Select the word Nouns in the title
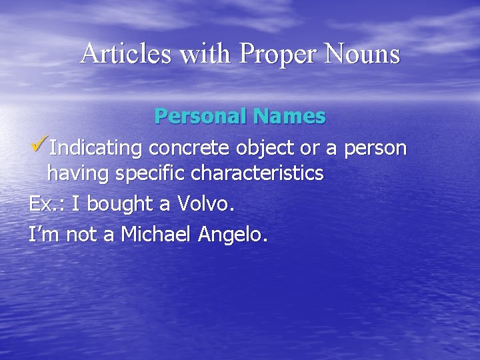point(364,53)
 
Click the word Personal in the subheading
point(200,116)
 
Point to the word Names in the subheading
point(289,116)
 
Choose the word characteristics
point(257,174)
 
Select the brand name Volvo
point(207,204)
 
